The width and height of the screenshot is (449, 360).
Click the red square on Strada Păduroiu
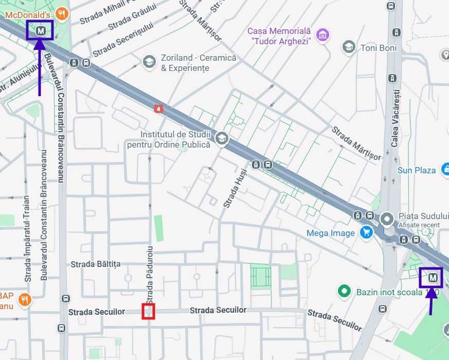point(149,311)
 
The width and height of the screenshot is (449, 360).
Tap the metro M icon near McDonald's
point(41,31)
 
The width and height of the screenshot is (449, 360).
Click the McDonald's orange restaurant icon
point(62,13)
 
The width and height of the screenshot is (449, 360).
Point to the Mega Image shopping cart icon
point(366,232)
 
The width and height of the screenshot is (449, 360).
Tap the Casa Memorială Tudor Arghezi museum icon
point(323,35)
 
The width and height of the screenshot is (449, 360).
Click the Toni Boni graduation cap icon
point(349,47)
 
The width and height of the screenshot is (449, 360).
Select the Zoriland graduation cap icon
point(149,62)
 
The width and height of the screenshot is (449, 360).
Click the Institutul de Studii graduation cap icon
point(222,138)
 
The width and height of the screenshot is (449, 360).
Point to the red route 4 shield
point(158,109)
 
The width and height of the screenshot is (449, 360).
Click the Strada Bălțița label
point(95,264)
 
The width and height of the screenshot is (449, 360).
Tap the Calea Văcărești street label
point(395,118)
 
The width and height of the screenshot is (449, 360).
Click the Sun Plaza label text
point(416,170)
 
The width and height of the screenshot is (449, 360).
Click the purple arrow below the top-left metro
point(40,67)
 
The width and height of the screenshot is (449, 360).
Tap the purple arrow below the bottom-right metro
point(431,300)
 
